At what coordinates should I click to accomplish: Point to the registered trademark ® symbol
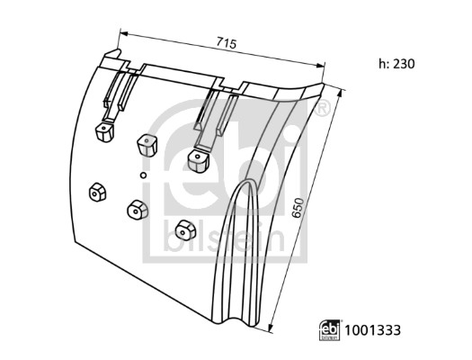[x=322, y=110]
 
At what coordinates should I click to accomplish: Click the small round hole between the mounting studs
[x=143, y=173]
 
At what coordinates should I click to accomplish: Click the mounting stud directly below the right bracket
[x=197, y=160]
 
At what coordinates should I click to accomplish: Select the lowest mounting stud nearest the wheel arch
[x=184, y=228]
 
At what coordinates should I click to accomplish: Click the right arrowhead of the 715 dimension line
[x=323, y=64]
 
